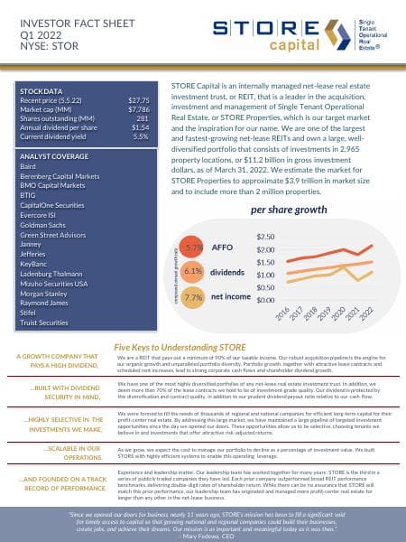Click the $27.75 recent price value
click(137, 99)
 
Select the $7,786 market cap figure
click(137, 108)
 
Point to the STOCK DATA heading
click(42, 90)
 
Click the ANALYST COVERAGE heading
click(54, 155)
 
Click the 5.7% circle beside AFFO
click(191, 246)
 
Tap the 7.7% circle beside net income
click(191, 295)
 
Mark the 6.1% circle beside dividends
click(191, 270)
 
